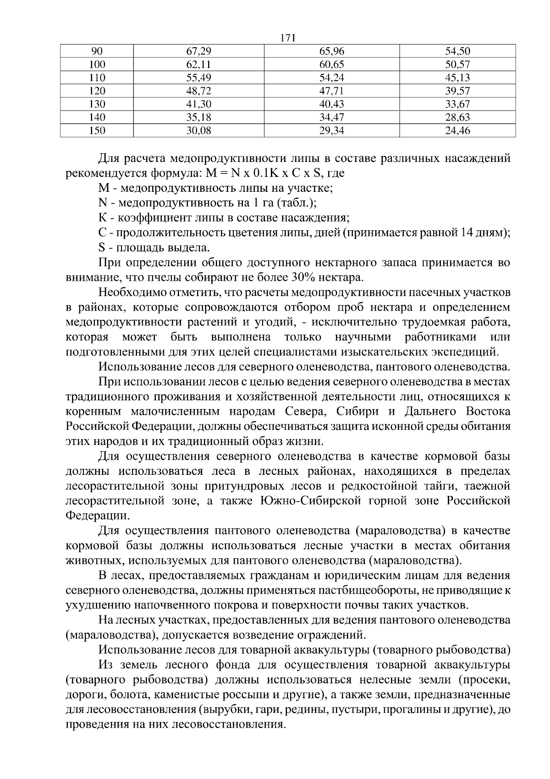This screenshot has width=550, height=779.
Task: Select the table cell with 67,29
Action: [198, 51]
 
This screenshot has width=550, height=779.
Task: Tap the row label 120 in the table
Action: [97, 91]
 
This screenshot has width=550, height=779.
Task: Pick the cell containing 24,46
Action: [457, 131]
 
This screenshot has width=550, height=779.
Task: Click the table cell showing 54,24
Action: [331, 78]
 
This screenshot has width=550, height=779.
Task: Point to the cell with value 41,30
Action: [198, 104]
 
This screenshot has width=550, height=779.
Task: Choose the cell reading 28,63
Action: [457, 117]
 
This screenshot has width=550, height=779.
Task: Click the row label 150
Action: [97, 131]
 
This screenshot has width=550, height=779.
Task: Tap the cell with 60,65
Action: [331, 64]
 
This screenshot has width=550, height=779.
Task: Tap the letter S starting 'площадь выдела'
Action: [101, 248]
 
